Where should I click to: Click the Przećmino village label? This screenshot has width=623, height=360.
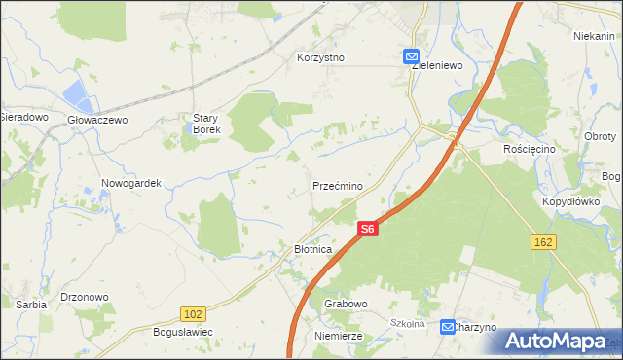[338, 186]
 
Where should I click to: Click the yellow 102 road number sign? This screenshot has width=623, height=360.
[193, 313]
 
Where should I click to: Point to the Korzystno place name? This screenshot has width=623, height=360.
[321, 57]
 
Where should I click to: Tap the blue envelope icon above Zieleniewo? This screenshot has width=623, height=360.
[412, 57]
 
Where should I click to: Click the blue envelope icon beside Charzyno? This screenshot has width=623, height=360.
[447, 327]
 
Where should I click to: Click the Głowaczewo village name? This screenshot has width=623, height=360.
[97, 120]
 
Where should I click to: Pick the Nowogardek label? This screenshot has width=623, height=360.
[130, 182]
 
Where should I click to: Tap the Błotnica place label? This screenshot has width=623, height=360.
[313, 250]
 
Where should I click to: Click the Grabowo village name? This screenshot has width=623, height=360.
[346, 304]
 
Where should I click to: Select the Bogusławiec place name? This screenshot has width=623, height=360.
[183, 333]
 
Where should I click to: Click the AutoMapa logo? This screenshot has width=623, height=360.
[556, 341]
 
